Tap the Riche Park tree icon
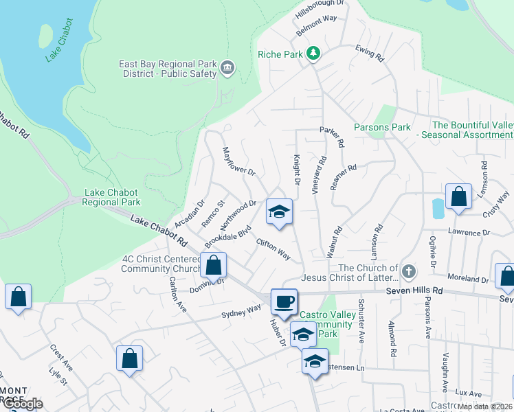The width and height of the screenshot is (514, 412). coord(313,54)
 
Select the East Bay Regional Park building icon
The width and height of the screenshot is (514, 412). coord(227,68)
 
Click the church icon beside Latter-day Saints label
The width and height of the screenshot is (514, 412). coord(409,272)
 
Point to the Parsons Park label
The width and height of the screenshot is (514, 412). coord(382,127)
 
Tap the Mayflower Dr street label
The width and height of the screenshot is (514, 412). coord(238,162)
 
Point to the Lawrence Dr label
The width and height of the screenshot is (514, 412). coord(469,233)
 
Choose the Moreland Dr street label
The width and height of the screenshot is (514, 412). coord(467,279)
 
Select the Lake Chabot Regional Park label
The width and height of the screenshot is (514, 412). coord(111,198)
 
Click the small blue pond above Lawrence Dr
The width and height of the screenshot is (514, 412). coord(438,208)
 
